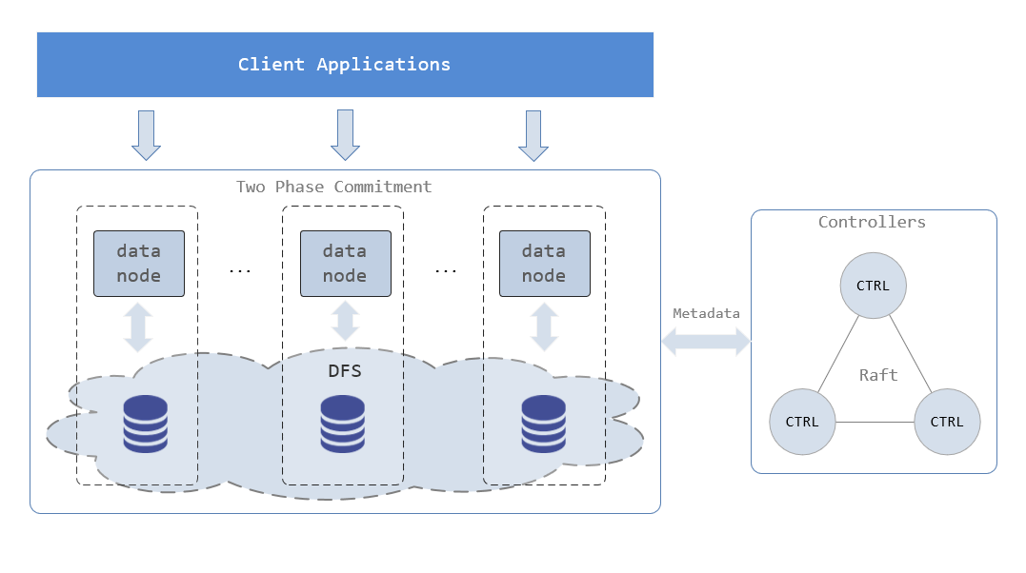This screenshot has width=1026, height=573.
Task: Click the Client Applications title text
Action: tap(344, 65)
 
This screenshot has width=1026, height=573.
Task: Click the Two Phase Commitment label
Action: tap(333, 187)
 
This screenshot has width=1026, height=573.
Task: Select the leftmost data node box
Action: tap(139, 263)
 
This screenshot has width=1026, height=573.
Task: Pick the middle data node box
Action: tap(344, 263)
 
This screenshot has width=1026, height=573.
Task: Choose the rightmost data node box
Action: tap(544, 263)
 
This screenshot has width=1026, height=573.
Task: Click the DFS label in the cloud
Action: tap(345, 371)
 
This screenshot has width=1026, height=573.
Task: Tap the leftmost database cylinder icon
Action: tap(146, 425)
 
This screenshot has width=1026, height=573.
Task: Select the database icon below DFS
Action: tap(343, 425)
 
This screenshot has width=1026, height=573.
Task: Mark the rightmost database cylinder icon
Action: tap(544, 425)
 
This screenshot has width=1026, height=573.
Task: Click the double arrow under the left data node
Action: tap(139, 326)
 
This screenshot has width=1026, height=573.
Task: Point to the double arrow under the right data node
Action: tap(544, 326)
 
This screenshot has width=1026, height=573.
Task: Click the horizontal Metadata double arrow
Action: tap(706, 342)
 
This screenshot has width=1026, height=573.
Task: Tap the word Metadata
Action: tap(706, 313)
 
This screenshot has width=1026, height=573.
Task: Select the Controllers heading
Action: tap(872, 223)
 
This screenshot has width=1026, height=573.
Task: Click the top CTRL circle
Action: tap(873, 286)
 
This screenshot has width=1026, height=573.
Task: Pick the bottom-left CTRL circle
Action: tap(802, 422)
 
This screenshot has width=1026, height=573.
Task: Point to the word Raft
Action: tap(878, 375)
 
